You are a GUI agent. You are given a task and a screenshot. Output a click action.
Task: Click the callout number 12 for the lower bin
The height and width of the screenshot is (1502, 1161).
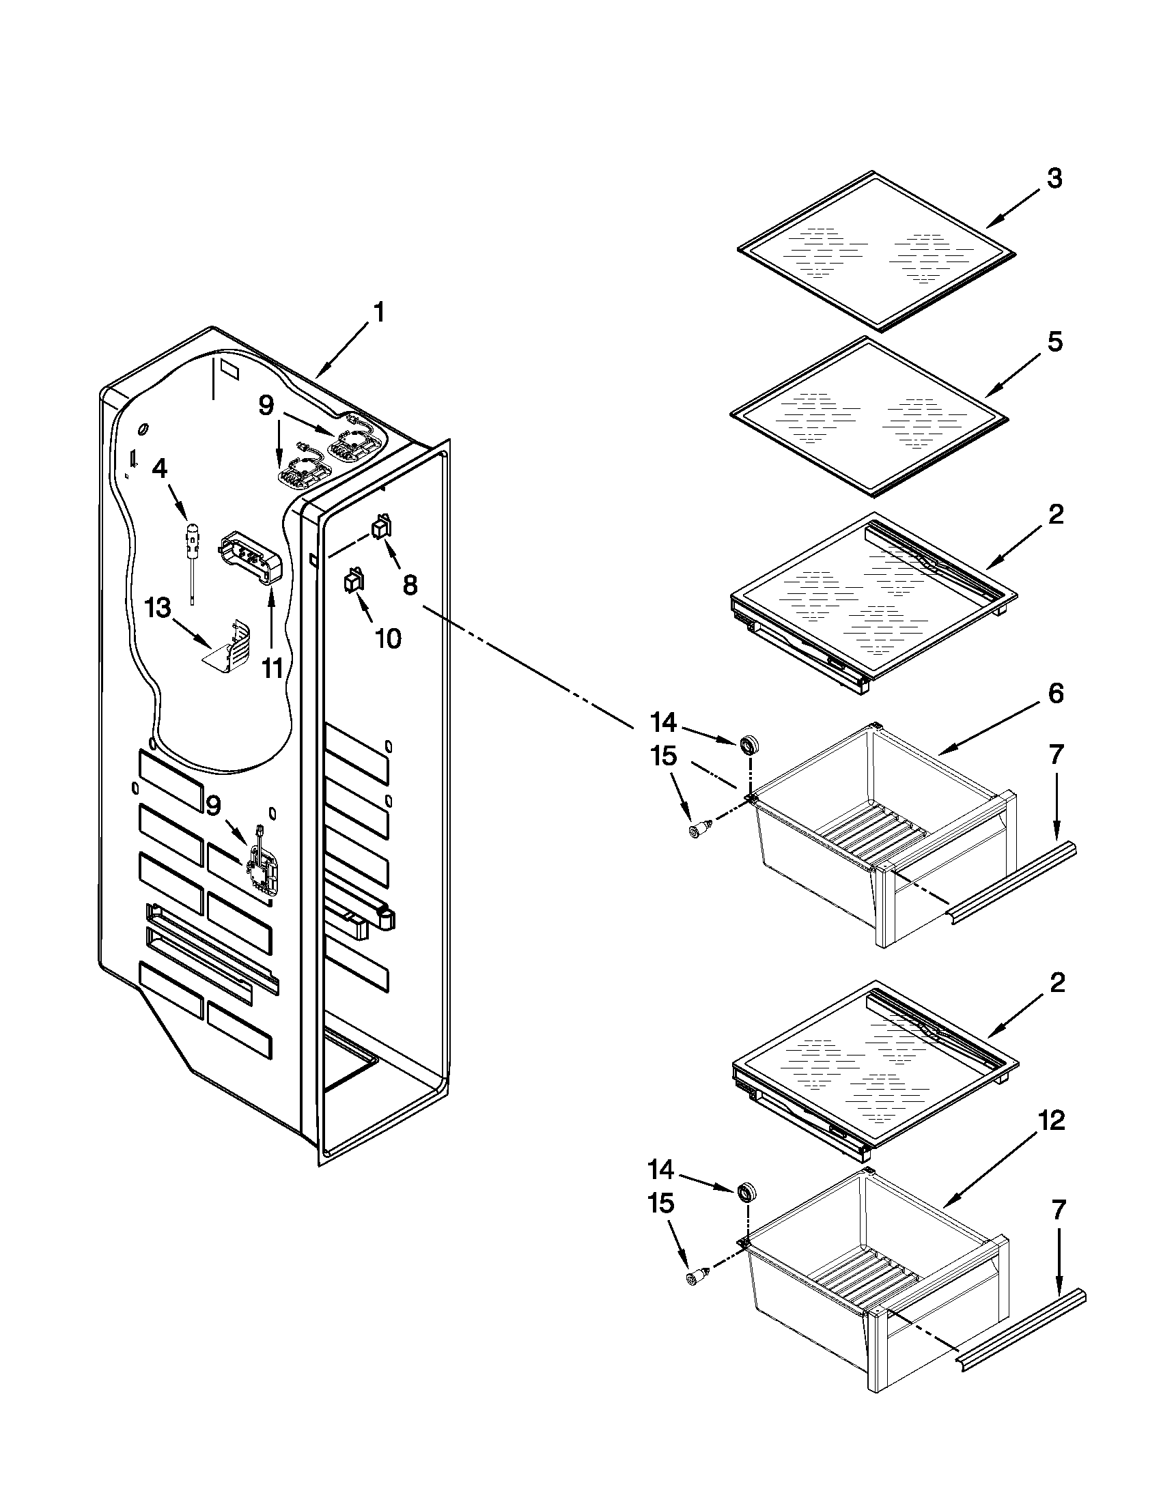tap(1051, 1121)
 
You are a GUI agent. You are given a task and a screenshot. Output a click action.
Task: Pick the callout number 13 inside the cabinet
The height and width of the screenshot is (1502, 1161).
tap(158, 608)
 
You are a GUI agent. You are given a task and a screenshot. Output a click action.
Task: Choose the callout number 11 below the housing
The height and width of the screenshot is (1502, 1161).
tap(272, 666)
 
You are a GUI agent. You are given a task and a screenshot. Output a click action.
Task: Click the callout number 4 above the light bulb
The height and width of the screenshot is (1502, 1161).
tap(159, 469)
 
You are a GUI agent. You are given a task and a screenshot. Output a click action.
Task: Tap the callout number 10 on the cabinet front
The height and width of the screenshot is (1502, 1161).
tap(388, 638)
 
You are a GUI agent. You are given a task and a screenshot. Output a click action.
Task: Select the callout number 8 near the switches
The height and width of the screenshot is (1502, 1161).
tap(409, 585)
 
